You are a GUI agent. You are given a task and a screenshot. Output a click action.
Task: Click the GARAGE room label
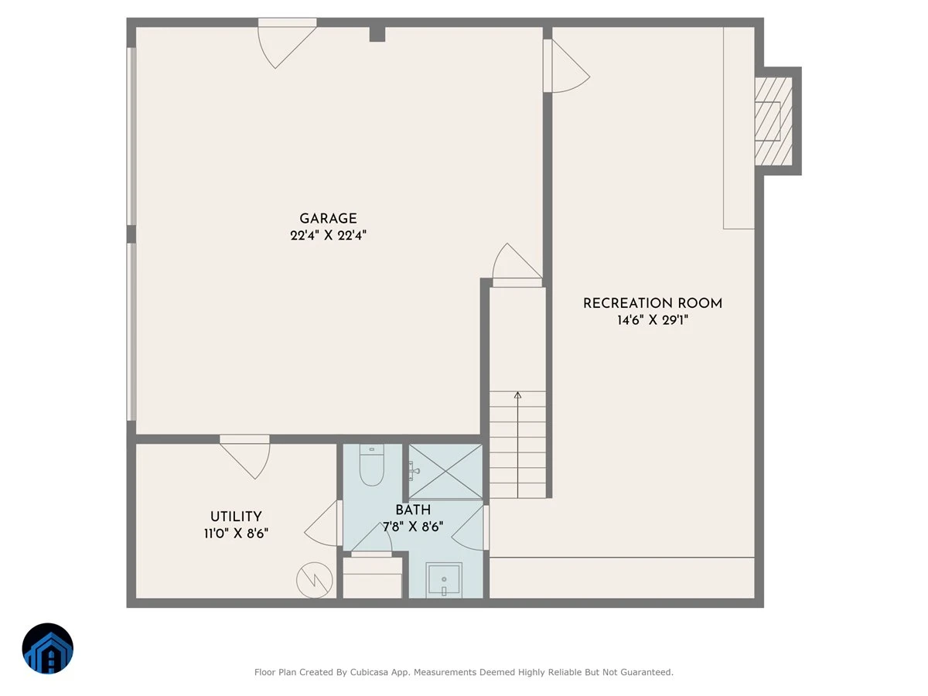pos(328,219)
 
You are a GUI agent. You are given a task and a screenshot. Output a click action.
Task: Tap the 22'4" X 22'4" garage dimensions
pos(328,235)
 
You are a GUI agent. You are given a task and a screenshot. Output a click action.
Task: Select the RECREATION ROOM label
pos(653,303)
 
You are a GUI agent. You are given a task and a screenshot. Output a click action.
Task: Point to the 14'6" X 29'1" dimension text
pos(653,320)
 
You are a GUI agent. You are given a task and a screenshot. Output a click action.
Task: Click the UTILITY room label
pos(236,517)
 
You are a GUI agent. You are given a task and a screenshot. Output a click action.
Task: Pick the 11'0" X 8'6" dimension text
pos(236,534)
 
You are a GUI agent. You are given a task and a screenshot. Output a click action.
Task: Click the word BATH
pos(413,510)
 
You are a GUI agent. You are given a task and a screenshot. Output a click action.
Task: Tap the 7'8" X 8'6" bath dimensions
pos(413,527)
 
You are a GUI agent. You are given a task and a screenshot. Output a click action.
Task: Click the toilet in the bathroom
pos(372,465)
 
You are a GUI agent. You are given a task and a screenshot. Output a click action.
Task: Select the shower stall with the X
pos(445,471)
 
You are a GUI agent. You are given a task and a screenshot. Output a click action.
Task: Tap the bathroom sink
pos(443,580)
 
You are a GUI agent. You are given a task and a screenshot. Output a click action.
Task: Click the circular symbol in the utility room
pos(314,580)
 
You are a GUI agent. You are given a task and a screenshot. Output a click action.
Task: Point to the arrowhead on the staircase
pos(517,395)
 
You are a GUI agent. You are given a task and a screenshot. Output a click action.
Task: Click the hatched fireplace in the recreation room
pos(773,121)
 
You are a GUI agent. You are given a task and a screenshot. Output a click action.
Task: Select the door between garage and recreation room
pos(566,66)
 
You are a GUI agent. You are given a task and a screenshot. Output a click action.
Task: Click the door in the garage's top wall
pos(287,43)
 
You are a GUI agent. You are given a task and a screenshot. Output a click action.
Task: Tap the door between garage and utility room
pos(245,457)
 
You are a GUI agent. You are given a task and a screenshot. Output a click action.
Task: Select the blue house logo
pos(48,648)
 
